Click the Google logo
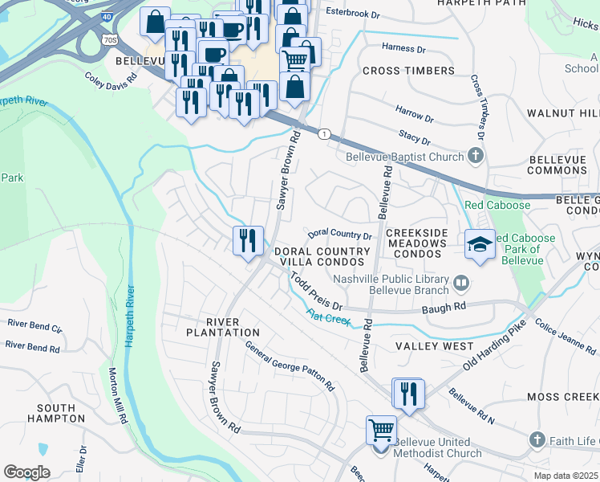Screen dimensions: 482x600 click(x=26, y=472)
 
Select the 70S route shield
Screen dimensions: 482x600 click(x=111, y=38)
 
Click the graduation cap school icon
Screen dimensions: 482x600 click(x=479, y=244)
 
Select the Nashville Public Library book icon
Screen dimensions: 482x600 click(x=461, y=282)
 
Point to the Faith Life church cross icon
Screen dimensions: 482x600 click(x=537, y=439)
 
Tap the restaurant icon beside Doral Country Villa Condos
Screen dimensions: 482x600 click(x=248, y=240)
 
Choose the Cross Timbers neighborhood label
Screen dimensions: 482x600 click(x=408, y=71)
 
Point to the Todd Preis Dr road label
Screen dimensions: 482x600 click(x=316, y=294)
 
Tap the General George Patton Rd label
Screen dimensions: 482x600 click(x=290, y=366)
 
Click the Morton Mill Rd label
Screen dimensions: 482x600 click(x=117, y=395)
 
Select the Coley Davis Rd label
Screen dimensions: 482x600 click(x=112, y=84)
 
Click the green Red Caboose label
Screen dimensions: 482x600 click(x=497, y=205)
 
